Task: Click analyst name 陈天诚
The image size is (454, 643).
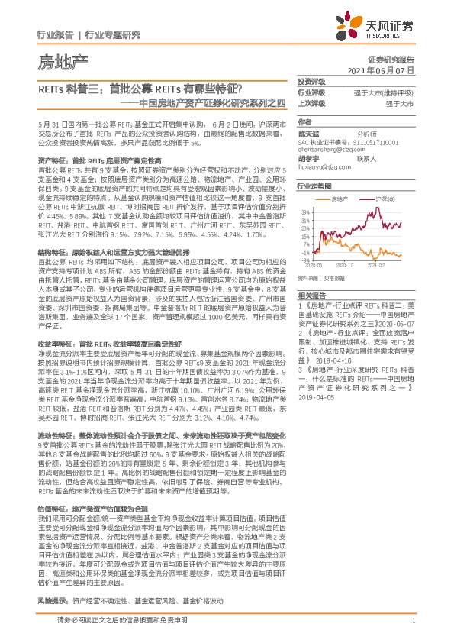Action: pos(307,133)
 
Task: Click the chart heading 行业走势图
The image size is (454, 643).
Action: pos(314,186)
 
